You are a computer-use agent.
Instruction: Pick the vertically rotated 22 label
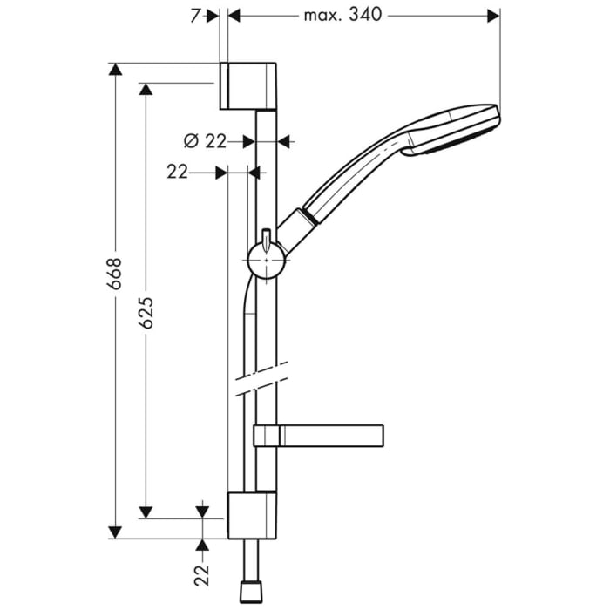[202, 574]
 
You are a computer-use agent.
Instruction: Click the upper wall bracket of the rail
[251, 86]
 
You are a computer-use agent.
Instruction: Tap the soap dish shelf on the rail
[319, 433]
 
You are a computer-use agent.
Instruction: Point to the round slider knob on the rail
[263, 261]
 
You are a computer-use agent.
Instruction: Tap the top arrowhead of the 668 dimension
[114, 70]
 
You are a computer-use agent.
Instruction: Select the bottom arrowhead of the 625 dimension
[146, 512]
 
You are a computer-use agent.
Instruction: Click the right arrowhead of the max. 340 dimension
[493, 16]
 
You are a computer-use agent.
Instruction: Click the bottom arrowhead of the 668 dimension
[114, 531]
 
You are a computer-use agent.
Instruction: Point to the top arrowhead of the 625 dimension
[146, 90]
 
